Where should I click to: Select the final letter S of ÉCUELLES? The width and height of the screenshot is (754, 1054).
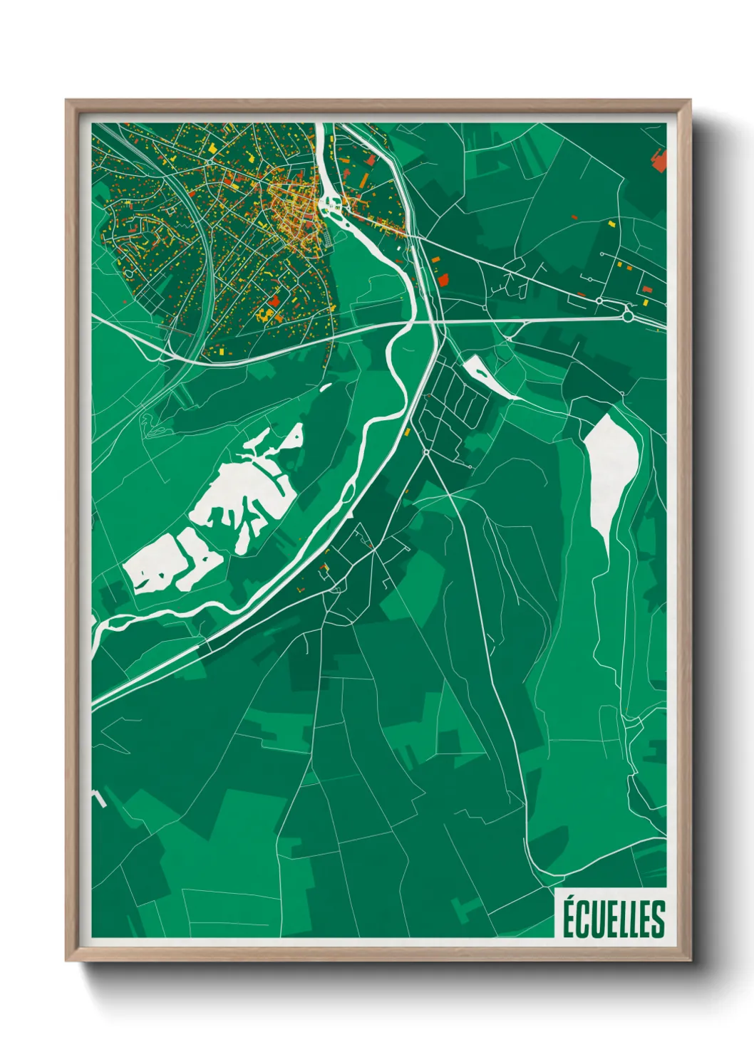(x=658, y=919)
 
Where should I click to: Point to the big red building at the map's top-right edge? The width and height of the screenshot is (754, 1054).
(x=659, y=160)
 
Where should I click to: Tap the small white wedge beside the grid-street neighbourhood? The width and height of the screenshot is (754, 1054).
(x=489, y=375)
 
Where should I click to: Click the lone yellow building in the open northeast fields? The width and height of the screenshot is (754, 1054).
(x=611, y=223)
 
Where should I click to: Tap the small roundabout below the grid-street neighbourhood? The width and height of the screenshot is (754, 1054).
(x=426, y=452)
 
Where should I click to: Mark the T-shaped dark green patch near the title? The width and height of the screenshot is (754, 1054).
(x=467, y=907)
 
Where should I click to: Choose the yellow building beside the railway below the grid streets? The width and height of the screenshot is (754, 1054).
(x=408, y=432)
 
